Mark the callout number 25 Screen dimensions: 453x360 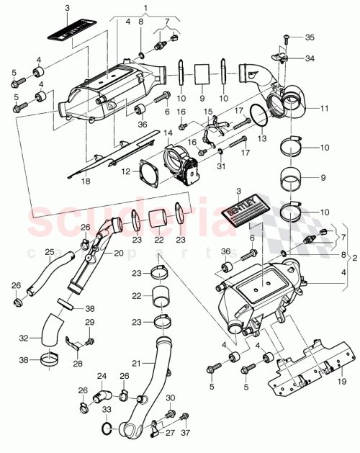(49, 251)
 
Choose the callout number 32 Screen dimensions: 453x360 (24, 337)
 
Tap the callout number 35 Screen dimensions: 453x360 (310, 36)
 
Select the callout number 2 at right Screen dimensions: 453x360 (354, 256)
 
